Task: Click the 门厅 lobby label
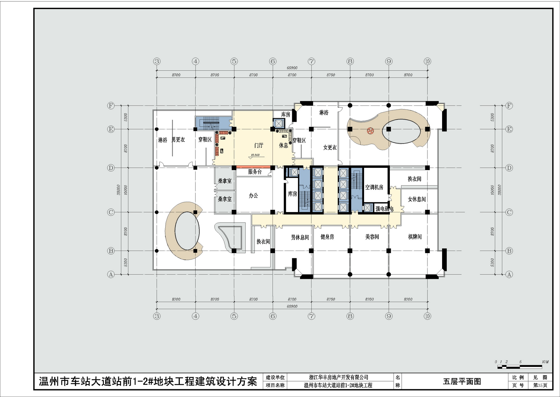click(x=259, y=145)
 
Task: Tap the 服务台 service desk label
click(x=255, y=172)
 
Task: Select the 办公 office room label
click(x=254, y=196)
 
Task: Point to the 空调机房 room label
click(x=374, y=187)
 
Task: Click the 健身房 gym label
click(x=327, y=237)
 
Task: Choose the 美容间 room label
click(x=372, y=237)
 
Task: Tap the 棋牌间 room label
click(x=415, y=237)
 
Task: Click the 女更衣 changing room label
click(x=330, y=147)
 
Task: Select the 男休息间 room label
click(x=300, y=238)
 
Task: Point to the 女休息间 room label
click(x=417, y=199)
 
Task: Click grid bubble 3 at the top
click(x=157, y=61)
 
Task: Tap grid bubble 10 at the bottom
click(x=427, y=316)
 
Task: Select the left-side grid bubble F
click(x=111, y=106)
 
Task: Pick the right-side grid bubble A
click(x=509, y=275)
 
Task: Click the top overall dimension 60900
click(x=292, y=68)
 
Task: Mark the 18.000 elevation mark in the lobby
click(x=255, y=155)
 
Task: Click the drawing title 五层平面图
click(x=462, y=381)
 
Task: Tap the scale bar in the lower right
click(x=520, y=367)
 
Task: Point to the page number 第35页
click(x=540, y=385)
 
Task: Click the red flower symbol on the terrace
click(x=370, y=131)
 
